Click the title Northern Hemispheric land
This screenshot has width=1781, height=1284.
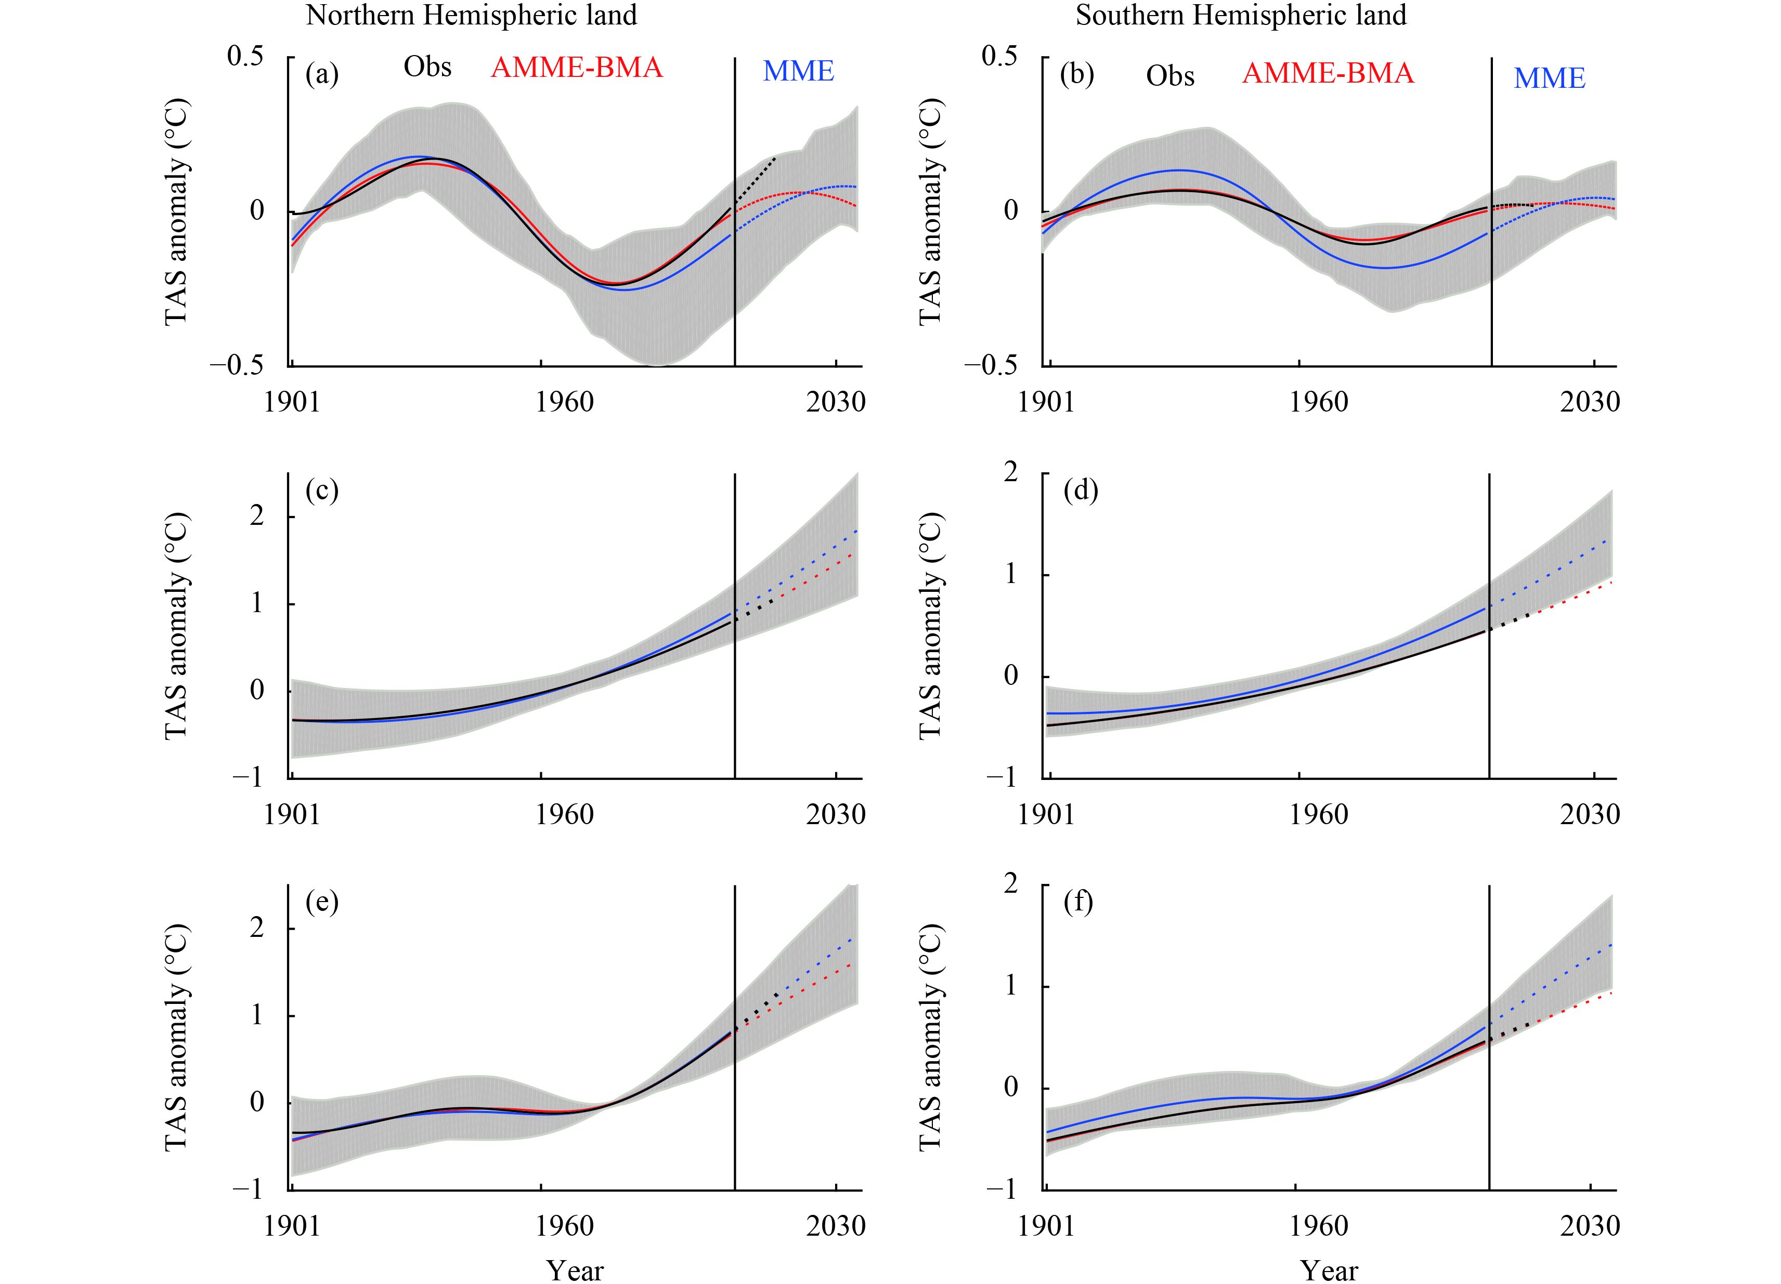471,15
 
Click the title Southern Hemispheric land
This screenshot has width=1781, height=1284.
1241,15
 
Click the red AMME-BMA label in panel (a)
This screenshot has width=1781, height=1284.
576,68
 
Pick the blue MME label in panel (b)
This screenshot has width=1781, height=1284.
1550,78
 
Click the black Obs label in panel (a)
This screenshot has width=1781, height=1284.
427,68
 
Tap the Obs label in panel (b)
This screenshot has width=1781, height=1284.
1170,76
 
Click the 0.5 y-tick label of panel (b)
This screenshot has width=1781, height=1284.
999,57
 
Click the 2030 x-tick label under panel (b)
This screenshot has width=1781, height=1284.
1590,402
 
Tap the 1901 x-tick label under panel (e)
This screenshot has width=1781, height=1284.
292,1226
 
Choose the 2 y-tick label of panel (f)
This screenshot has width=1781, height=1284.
1011,884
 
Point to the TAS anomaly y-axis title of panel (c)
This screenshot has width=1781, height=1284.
177,626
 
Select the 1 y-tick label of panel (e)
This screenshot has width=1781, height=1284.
257,1015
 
